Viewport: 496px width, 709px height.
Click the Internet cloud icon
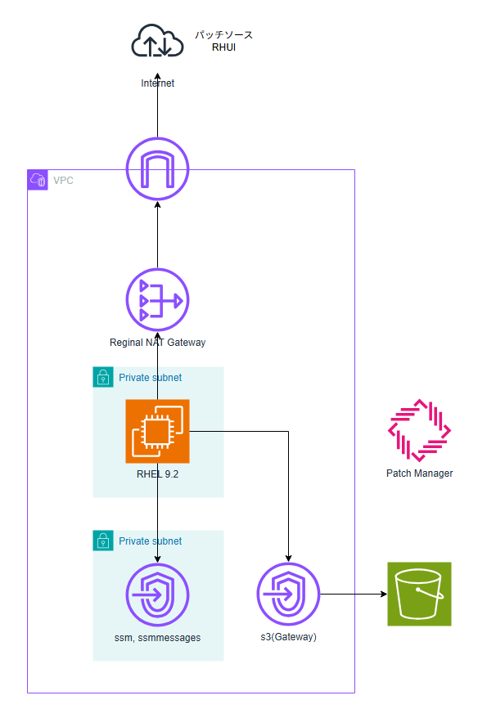click(157, 42)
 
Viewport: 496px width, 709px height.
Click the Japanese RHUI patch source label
click(223, 41)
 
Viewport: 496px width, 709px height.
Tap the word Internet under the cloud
click(157, 83)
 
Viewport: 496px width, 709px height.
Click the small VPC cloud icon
click(38, 180)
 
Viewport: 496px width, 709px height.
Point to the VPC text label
click(63, 180)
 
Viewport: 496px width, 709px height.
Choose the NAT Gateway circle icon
click(157, 299)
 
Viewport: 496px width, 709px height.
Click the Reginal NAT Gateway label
click(157, 343)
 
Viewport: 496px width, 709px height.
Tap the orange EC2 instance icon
click(157, 431)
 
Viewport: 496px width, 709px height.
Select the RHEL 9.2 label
click(157, 473)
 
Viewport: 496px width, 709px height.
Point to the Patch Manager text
click(419, 473)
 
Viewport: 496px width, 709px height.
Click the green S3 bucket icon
click(419, 594)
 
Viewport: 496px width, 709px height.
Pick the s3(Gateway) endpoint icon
click(288, 595)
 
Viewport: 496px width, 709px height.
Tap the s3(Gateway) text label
click(288, 637)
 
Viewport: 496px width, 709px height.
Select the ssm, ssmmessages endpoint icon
click(157, 595)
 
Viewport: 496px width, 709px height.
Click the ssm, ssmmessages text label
click(157, 637)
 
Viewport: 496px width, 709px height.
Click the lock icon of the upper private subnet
click(103, 377)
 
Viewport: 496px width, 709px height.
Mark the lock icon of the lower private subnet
click(103, 541)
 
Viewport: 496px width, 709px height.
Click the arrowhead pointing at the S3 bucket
click(383, 595)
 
